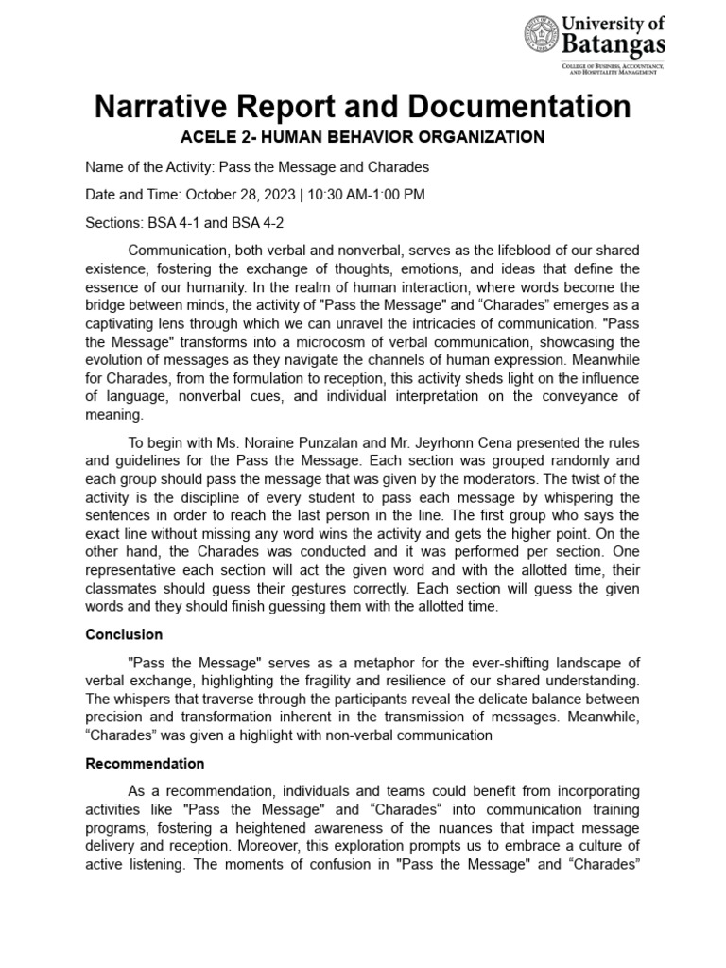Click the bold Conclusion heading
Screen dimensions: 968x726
[124, 634]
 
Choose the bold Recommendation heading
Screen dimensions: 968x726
[145, 763]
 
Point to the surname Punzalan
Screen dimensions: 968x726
[316, 443]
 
